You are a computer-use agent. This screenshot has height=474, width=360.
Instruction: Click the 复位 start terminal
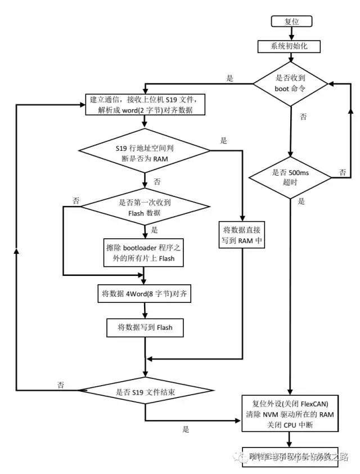point(291,21)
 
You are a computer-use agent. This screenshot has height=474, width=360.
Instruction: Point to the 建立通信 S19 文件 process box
point(146,105)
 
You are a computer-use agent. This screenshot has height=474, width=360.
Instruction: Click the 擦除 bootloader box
point(146,253)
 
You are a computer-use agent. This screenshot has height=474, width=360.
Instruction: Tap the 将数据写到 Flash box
point(145,327)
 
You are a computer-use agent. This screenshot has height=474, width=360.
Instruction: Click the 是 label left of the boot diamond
point(229,78)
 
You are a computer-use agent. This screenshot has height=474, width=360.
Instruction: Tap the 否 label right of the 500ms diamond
point(341,171)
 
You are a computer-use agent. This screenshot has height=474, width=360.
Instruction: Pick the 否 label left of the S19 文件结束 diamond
point(60,384)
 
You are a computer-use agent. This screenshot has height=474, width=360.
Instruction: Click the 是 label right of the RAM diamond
point(224,141)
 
